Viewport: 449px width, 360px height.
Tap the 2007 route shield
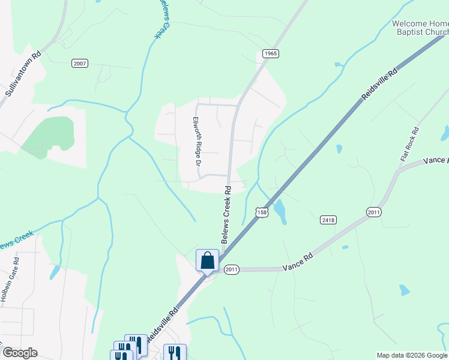(x=79, y=63)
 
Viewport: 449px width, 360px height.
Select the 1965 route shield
(x=271, y=53)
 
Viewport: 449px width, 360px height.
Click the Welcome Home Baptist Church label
(x=420, y=28)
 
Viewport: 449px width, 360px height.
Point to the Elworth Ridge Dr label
(x=196, y=141)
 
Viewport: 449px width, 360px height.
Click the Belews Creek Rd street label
(x=226, y=214)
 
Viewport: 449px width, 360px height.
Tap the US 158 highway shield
(x=262, y=212)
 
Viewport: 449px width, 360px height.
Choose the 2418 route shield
(x=328, y=220)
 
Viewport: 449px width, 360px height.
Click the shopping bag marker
(x=207, y=260)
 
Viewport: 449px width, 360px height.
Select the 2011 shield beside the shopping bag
(x=232, y=270)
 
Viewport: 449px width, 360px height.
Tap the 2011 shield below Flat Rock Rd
(x=374, y=212)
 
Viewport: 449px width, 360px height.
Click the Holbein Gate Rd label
(x=10, y=281)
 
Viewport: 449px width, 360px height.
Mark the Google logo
(x=20, y=353)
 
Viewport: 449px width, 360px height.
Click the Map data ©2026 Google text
(x=412, y=355)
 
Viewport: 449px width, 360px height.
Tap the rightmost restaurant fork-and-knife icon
(x=174, y=352)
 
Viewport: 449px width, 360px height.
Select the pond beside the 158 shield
(x=280, y=210)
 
